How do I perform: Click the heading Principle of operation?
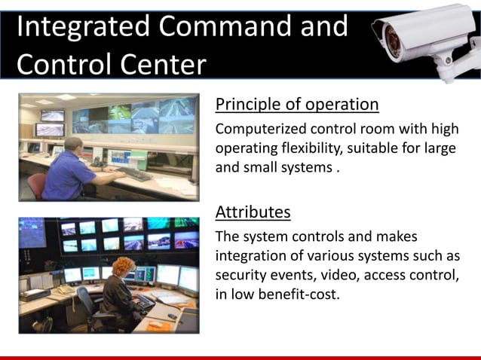(297, 103)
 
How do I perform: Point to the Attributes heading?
(253, 212)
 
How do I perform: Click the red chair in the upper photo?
(37, 185)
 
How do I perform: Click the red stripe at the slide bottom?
(240, 357)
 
